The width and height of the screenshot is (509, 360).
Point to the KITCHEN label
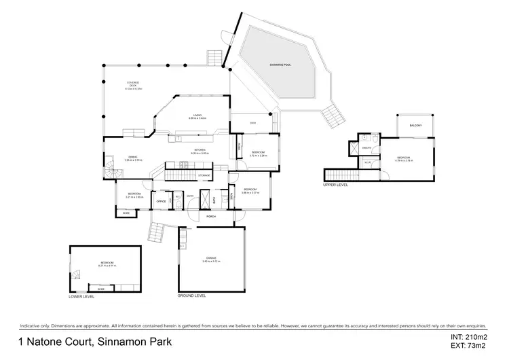200,152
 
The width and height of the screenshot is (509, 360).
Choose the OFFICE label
162,202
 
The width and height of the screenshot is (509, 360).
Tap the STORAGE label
204,177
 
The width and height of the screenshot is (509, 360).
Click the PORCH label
212,217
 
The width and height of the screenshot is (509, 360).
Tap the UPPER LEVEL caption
337,185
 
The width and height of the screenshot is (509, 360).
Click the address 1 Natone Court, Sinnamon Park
95,342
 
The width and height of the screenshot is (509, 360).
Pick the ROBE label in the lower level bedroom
101,289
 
